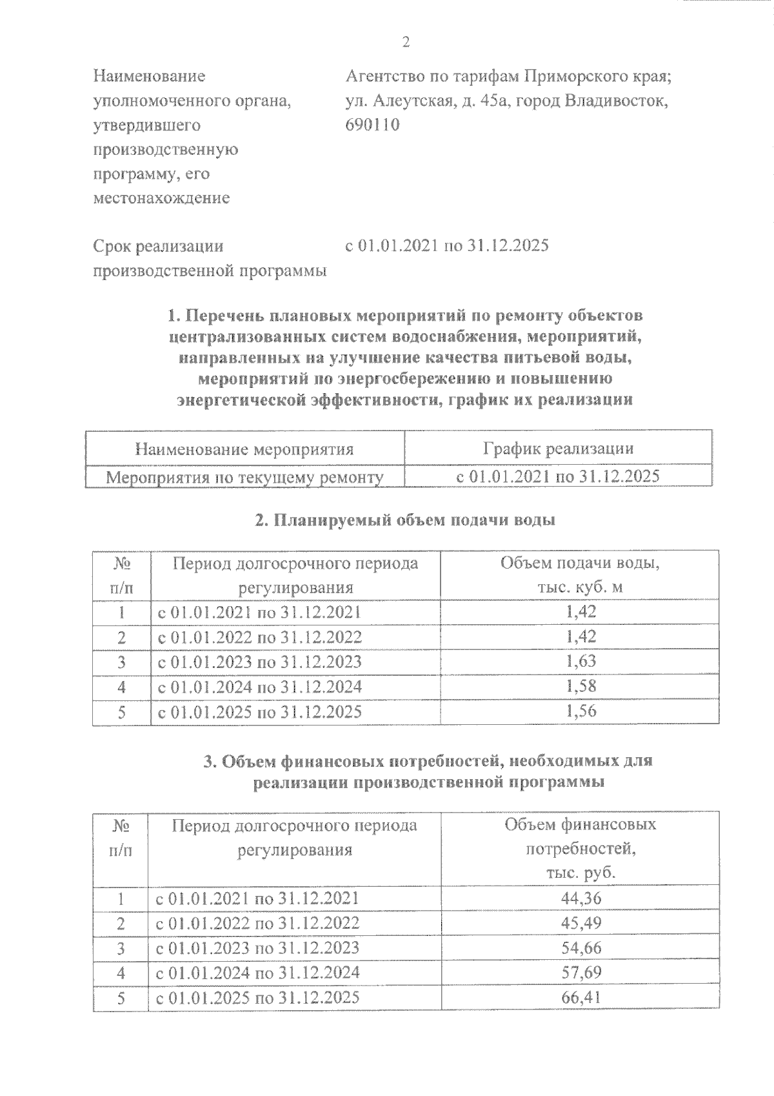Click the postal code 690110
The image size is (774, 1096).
coord(373,125)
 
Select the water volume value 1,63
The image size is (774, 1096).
coord(580,662)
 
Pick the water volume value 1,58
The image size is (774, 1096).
coord(580,686)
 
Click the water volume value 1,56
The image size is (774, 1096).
coord(580,711)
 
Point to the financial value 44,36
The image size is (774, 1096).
coord(580,898)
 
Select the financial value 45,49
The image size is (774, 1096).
coord(580,923)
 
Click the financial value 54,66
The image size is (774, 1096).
coord(580,948)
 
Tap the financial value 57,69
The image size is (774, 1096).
coord(580,973)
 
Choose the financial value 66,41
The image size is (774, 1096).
coord(580,998)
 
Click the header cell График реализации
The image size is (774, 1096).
coord(558,449)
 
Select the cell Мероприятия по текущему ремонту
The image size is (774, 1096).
coord(244,478)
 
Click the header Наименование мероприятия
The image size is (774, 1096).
coord(244,449)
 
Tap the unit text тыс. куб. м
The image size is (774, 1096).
coord(580,588)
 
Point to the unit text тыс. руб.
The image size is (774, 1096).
coord(580,873)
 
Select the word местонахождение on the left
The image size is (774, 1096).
coord(161,198)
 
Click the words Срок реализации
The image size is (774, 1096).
coord(159,246)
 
